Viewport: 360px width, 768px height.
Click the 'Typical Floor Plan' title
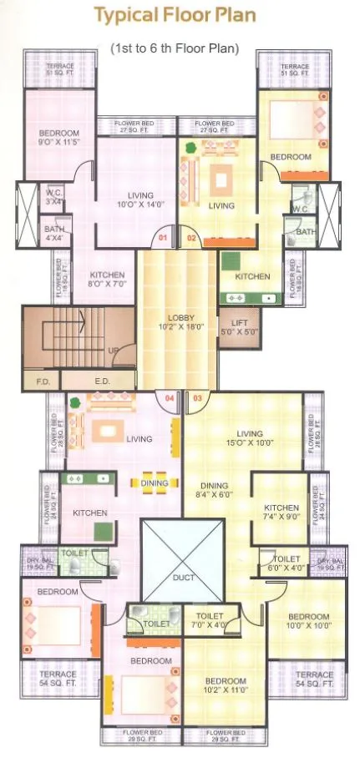pos(175,15)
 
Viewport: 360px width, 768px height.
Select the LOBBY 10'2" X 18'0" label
pos(180,322)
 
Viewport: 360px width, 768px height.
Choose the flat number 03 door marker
pos(197,398)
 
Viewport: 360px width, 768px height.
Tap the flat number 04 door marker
pos(170,398)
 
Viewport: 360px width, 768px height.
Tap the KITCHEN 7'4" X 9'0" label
pos(281,512)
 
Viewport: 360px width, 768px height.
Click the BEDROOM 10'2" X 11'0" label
pos(225,685)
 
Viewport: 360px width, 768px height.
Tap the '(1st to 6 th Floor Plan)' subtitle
pos(175,49)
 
